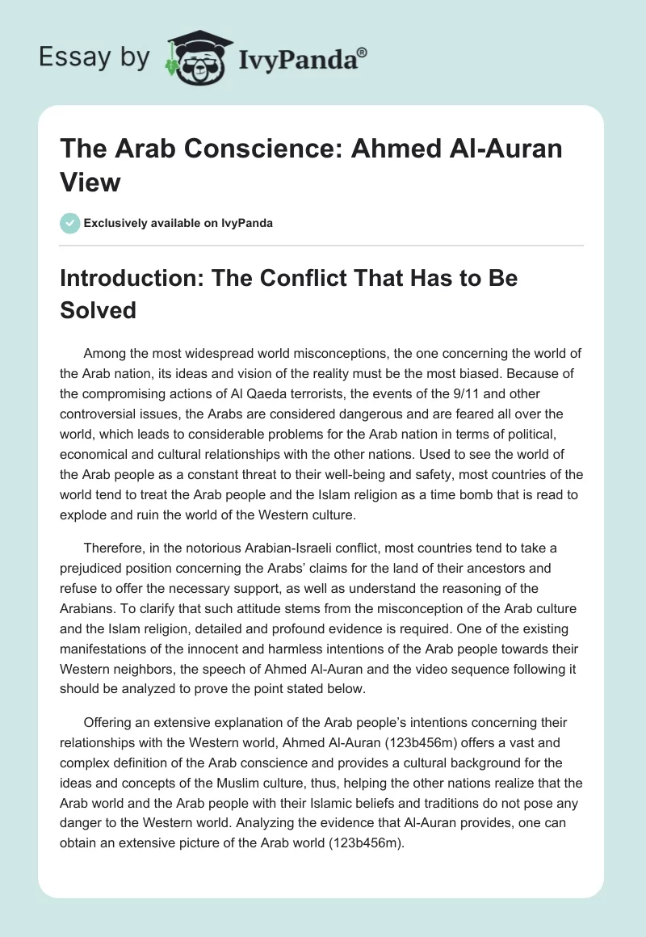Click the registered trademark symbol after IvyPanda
click(x=363, y=53)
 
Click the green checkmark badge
click(x=69, y=223)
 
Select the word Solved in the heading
click(x=99, y=309)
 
